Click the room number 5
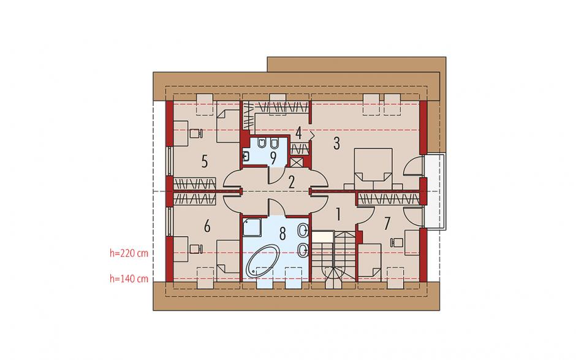coord(205,161)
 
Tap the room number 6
coord(207,226)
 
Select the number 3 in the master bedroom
coord(336,144)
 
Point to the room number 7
coord(387,224)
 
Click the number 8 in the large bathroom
coord(282,233)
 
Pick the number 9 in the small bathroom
coord(273,158)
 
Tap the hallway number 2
coord(291,182)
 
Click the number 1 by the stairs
coord(338,215)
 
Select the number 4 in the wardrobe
coord(298,133)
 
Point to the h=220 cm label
coord(129,253)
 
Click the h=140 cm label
coord(129,278)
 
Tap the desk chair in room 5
coord(196,132)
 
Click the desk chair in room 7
coord(396,243)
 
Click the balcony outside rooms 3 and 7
coord(434,191)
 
